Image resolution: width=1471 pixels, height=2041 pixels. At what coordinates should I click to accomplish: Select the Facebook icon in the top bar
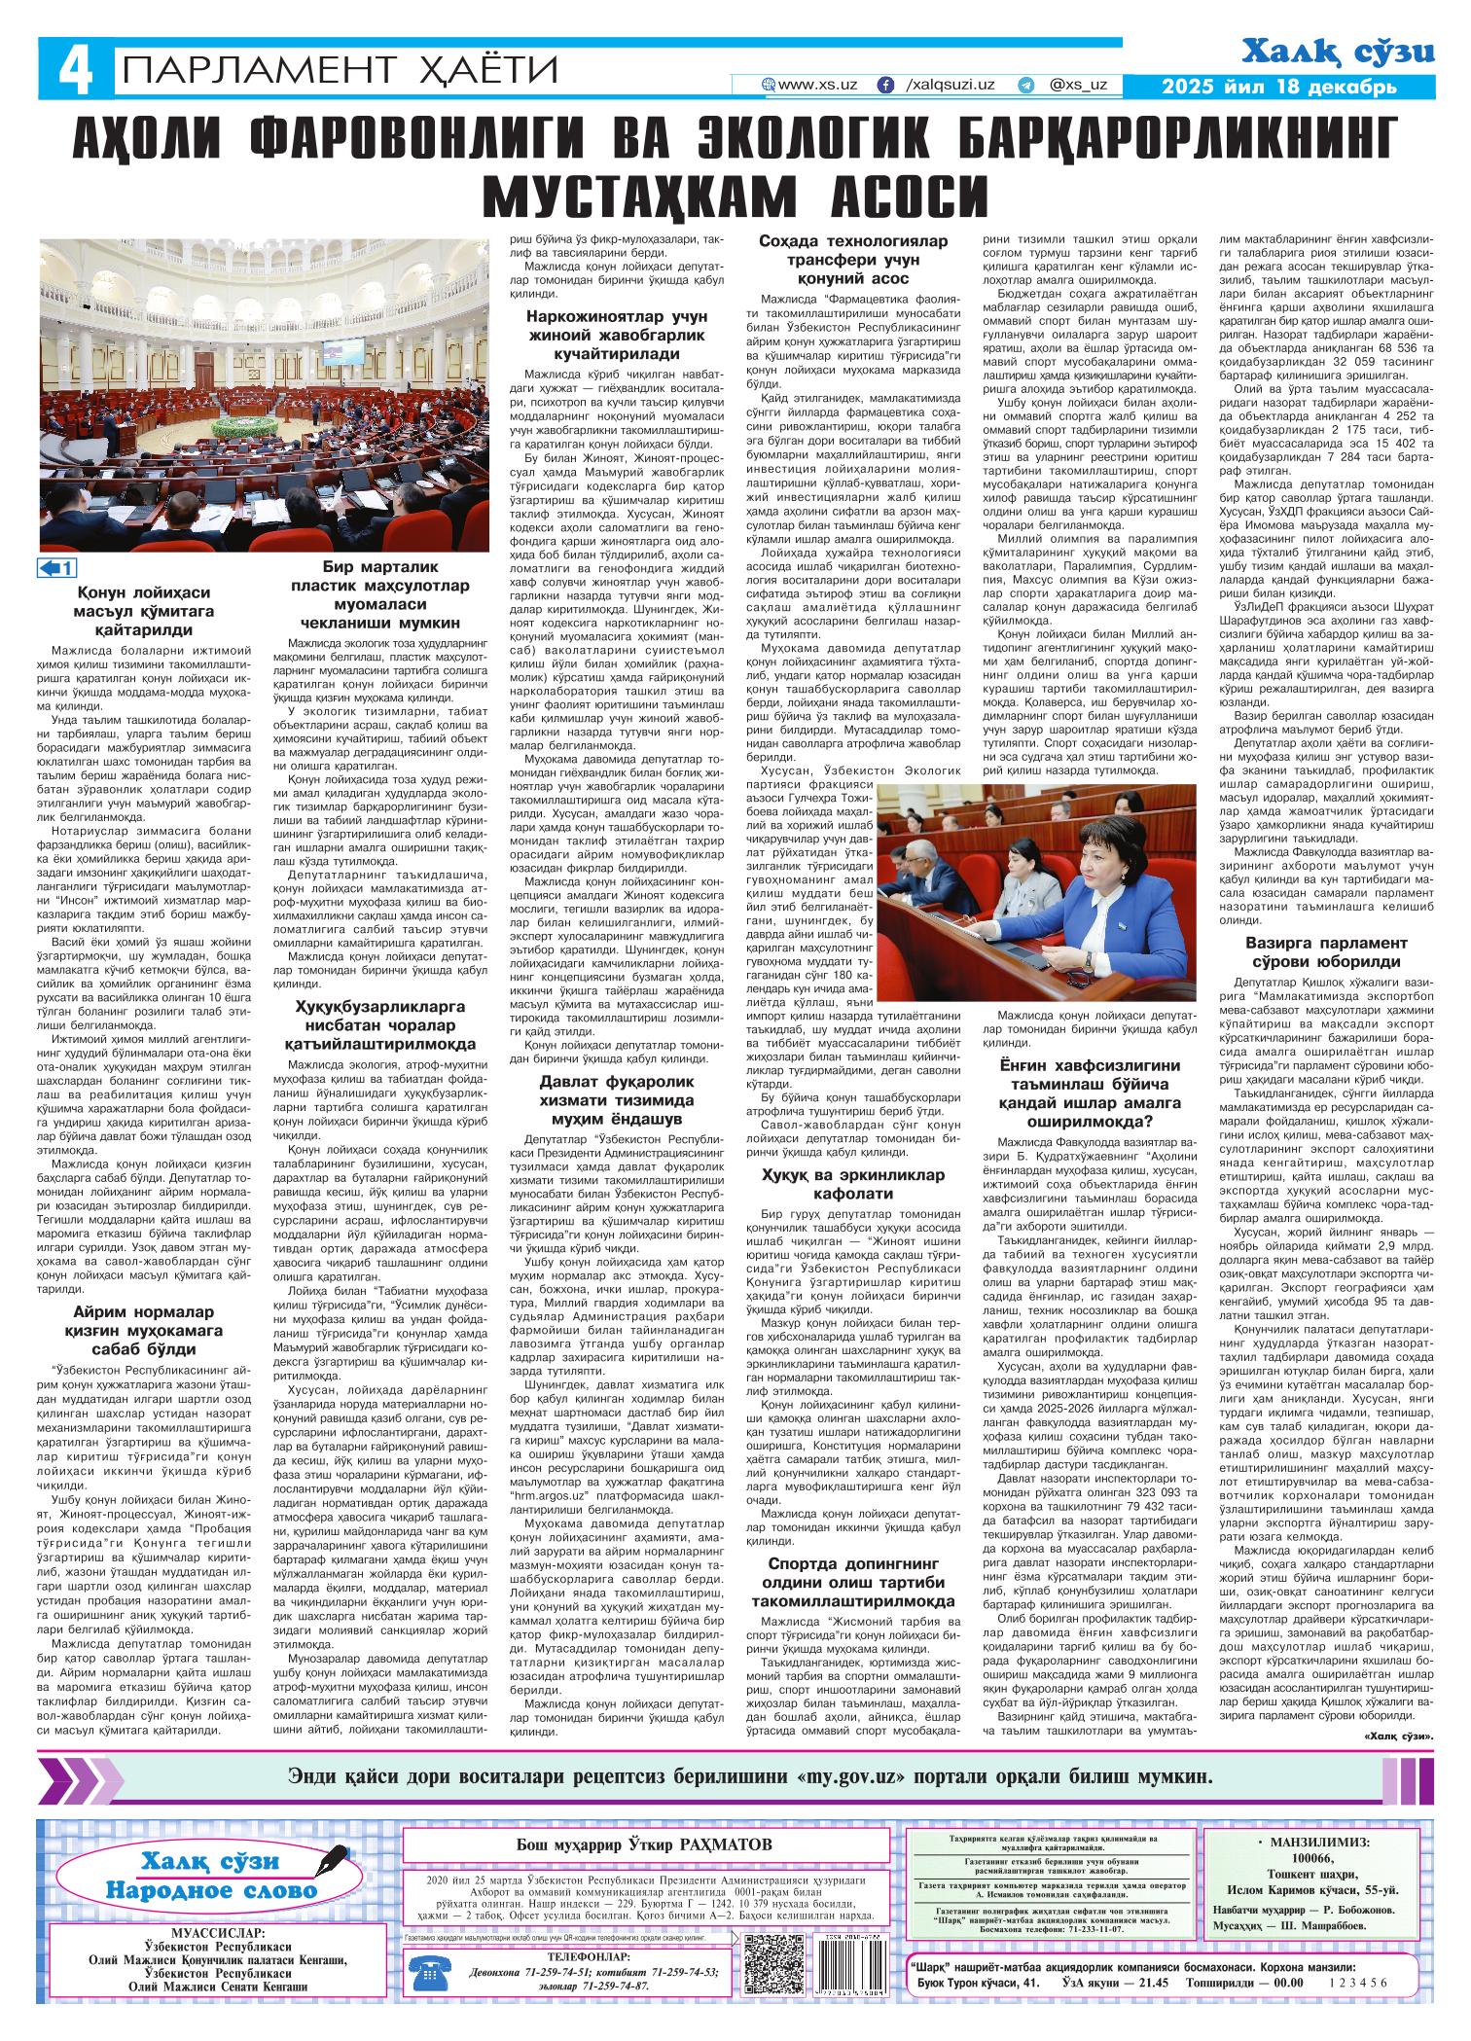pyautogui.click(x=885, y=86)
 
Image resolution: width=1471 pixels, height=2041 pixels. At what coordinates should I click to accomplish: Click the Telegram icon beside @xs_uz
pyautogui.click(x=1025, y=86)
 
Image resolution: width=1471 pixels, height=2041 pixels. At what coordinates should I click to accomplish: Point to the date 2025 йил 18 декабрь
pyautogui.click(x=1280, y=88)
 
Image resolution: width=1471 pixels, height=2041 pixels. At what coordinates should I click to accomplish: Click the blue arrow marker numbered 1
pyautogui.click(x=57, y=568)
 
